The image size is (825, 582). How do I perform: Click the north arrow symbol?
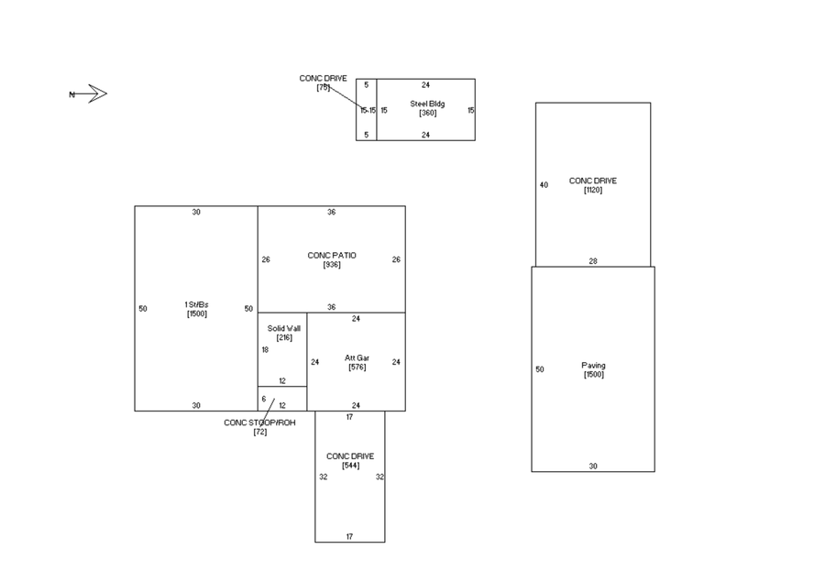[88, 94]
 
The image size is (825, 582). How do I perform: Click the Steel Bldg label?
[427, 104]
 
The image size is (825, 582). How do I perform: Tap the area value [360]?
[427, 113]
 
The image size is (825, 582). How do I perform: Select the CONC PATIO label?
[332, 255]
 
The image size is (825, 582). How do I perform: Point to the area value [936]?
[332, 264]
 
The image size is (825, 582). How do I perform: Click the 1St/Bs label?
[196, 304]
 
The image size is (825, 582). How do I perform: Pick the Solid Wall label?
[283, 328]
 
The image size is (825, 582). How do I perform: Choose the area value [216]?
[284, 337]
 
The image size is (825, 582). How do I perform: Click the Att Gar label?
[357, 357]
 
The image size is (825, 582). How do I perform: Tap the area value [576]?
[357, 367]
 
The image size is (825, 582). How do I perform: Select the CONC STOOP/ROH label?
[259, 423]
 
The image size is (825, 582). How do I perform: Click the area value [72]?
[260, 432]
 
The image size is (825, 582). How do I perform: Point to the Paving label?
[593, 365]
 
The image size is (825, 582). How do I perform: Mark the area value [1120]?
[593, 190]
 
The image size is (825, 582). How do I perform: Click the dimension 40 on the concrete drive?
[544, 185]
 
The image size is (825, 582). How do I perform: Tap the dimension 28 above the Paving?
[593, 261]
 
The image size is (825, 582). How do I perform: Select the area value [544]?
[350, 466]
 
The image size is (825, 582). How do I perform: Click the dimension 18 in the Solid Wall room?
[265, 350]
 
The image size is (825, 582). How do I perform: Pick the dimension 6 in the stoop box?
[264, 399]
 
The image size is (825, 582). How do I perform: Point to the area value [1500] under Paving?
[593, 374]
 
